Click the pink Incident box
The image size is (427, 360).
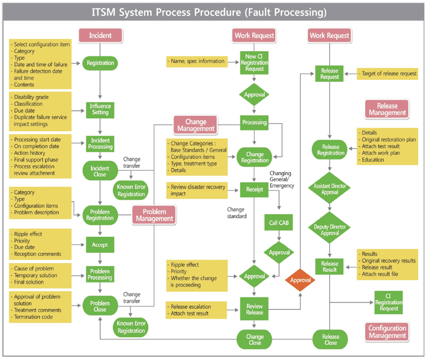pyautogui.click(x=100, y=35)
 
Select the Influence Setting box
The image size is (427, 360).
pyautogui.click(x=100, y=109)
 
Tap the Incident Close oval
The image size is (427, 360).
pyautogui.click(x=100, y=171)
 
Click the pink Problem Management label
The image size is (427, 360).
pyautogui.click(x=154, y=215)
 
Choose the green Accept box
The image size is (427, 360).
pyautogui.click(x=100, y=245)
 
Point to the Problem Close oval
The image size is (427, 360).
pyautogui.click(x=100, y=306)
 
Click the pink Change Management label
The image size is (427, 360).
pyautogui.click(x=196, y=124)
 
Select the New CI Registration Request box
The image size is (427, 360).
pyautogui.click(x=255, y=62)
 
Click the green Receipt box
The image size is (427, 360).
pyautogui.click(x=255, y=189)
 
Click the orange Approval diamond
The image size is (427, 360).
pyautogui.click(x=300, y=280)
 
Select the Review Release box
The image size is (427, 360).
pyautogui.click(x=255, y=309)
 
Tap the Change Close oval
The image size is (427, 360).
pyautogui.click(x=255, y=339)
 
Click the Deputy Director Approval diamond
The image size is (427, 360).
pyautogui.click(x=330, y=230)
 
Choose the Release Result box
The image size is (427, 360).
pyautogui.click(x=330, y=267)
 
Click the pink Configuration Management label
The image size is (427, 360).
pyautogui.click(x=387, y=332)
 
